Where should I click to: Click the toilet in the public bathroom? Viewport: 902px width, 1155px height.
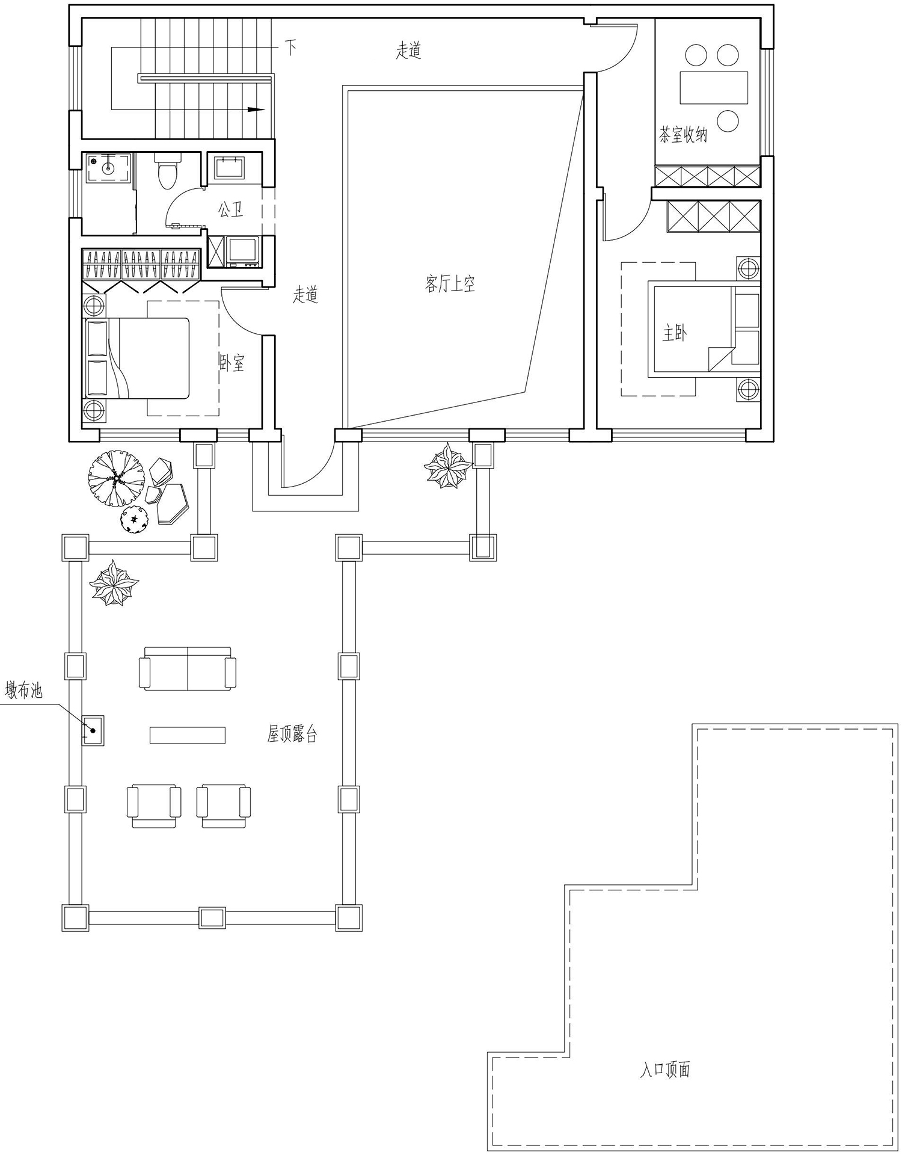coord(167,170)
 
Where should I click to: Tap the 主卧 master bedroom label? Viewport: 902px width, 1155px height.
coord(675,333)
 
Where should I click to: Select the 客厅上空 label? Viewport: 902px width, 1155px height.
coord(450,283)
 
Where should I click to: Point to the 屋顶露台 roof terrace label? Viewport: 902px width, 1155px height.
coord(292,733)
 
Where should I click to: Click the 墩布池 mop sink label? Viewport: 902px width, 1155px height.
coord(24,689)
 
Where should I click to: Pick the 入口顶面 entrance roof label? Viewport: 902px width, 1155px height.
coord(664,1069)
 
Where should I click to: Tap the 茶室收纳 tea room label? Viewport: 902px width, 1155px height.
coord(683,134)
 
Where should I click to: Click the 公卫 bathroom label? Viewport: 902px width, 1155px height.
coord(230,209)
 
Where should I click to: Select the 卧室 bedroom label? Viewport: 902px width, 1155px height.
coord(232,362)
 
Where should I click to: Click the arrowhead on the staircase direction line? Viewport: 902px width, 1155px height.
coord(257,109)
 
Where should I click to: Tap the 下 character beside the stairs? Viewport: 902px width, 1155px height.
coord(291,48)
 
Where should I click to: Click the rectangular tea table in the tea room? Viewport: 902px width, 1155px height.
coord(714,88)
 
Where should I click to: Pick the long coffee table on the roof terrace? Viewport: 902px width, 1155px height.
coord(188,735)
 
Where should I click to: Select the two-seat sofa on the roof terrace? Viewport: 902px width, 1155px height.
coord(188,669)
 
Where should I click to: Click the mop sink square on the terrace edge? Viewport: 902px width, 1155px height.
coord(93,730)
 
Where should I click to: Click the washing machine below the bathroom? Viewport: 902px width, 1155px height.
coord(242,251)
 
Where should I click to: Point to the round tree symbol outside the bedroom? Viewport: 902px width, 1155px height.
coord(116,479)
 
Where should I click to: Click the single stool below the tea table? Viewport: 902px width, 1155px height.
coord(728,120)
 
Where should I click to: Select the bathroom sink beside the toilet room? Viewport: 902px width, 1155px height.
coord(229,168)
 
